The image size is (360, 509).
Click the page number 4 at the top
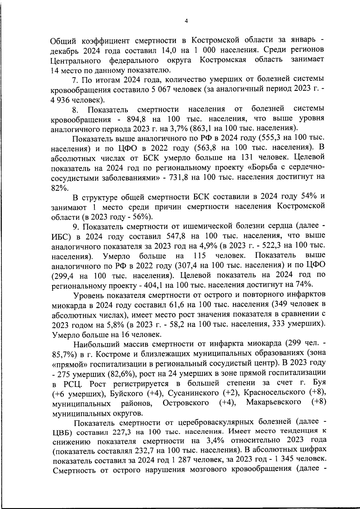(x=186, y=21)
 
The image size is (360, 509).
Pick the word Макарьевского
(x=274, y=403)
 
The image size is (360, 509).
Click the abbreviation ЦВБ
(x=63, y=433)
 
